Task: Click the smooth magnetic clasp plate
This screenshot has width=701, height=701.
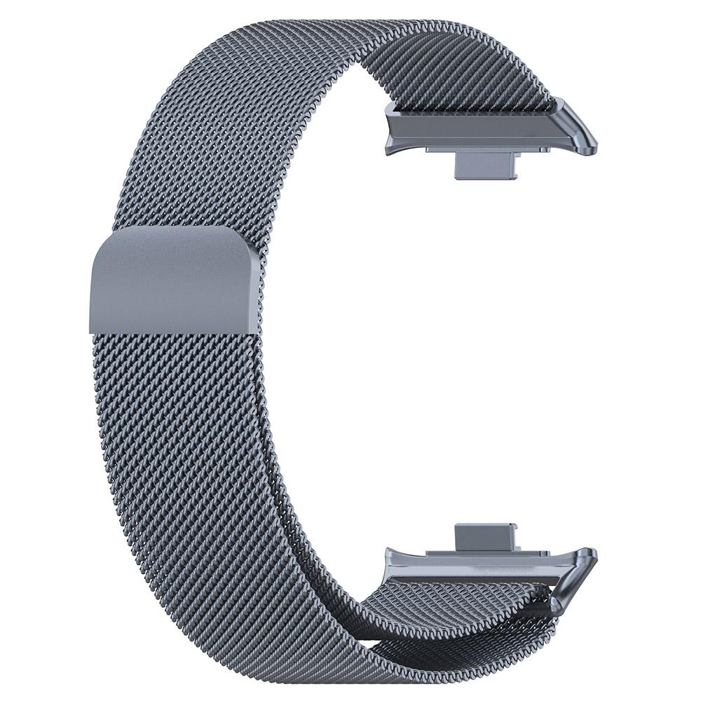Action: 172,280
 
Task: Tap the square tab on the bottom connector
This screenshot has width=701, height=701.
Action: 484,536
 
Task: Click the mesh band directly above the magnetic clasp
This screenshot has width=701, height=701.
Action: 182,189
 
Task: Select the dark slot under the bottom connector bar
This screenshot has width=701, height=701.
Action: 477,581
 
